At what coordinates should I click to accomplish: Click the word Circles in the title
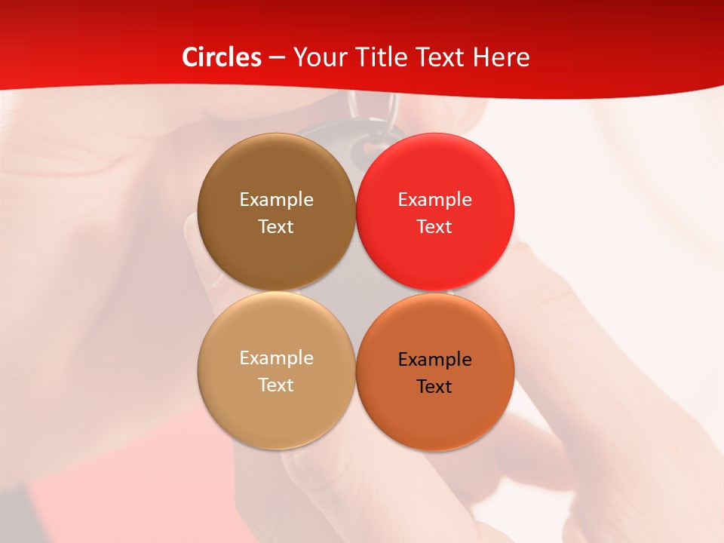tap(222, 57)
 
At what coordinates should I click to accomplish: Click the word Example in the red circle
tap(434, 200)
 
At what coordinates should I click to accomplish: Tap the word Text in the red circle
tap(434, 227)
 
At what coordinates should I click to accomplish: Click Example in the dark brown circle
tap(276, 200)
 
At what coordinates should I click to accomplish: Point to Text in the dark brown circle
tap(276, 227)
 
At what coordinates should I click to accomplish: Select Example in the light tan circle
tap(276, 358)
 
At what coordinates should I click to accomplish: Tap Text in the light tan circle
tap(276, 385)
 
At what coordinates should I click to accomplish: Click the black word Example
tap(434, 360)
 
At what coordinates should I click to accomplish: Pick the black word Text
tap(434, 387)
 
